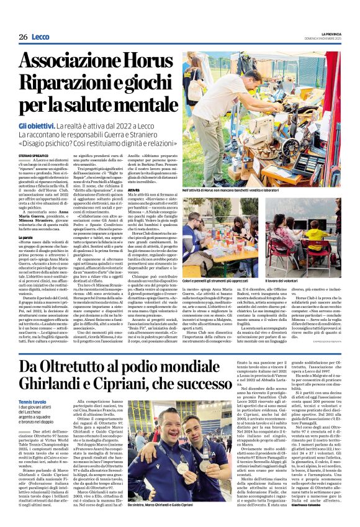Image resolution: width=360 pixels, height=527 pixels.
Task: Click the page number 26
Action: (x=23, y=37)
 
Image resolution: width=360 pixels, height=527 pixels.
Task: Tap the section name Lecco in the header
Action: (x=42, y=37)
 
